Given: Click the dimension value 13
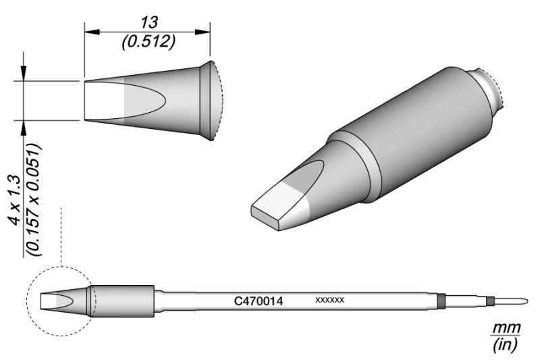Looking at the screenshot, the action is coord(148,23).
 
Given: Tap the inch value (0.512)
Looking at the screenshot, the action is coord(148,42).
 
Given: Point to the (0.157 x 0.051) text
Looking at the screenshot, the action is coord(34,200).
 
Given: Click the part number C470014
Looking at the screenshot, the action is coord(259,301).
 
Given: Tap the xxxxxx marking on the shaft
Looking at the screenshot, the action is coord(329,300).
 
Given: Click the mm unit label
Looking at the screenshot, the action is coord(506,328).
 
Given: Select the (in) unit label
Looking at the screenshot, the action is coord(505,344).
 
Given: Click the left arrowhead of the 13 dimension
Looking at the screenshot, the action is coord(92,32).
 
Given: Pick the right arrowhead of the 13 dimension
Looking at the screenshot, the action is coord(202,32).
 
